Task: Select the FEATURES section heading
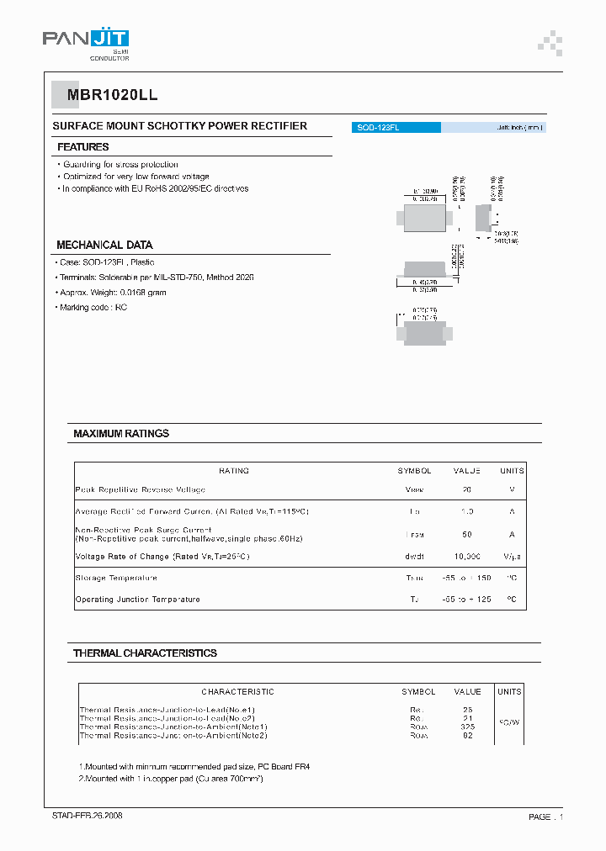(82, 147)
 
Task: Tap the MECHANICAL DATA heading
(104, 245)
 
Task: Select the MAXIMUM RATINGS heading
(121, 434)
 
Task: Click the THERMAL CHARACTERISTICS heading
(145, 653)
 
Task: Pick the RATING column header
(234, 471)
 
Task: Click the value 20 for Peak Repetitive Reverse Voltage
(466, 489)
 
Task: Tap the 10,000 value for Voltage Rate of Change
(466, 557)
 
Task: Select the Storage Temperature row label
(116, 579)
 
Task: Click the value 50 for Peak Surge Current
(466, 535)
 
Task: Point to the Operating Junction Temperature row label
(138, 600)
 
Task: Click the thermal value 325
(467, 727)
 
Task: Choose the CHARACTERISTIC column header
(237, 691)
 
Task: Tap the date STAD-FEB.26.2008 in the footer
(88, 817)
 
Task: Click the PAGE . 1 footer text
(545, 817)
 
